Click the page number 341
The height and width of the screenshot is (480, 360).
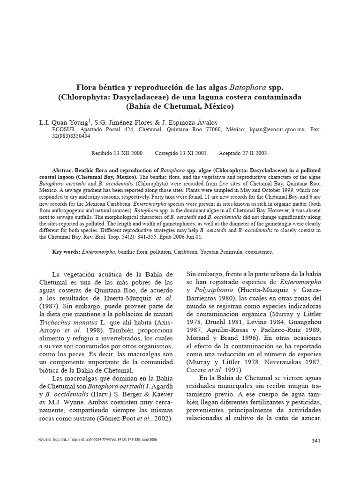click(x=315, y=441)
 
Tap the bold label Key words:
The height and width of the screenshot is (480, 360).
click(x=66, y=252)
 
